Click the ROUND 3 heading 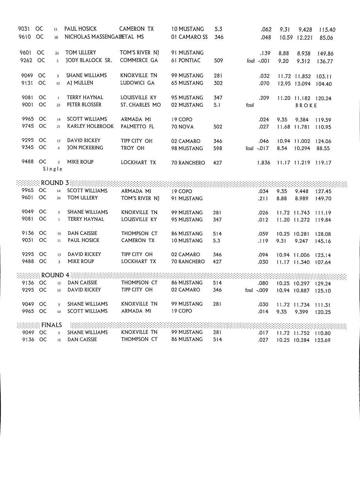tap(55, 183)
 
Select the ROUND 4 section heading tap(55, 275)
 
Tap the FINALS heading tap(52, 325)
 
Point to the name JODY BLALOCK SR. tap(89, 60)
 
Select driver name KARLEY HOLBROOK tap(90, 126)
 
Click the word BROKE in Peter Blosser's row tap(306, 105)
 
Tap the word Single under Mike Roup tap(53, 169)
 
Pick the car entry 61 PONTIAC tap(186, 60)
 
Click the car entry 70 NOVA tap(182, 127)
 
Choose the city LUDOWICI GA tap(137, 83)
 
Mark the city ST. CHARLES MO tap(140, 105)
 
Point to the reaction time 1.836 tap(263, 163)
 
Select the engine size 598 tap(217, 148)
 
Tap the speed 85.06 tap(326, 38)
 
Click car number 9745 tap(28, 126)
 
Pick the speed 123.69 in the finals tap(322, 340)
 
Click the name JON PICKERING tap(85, 148)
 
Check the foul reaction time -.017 tap(263, 148)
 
